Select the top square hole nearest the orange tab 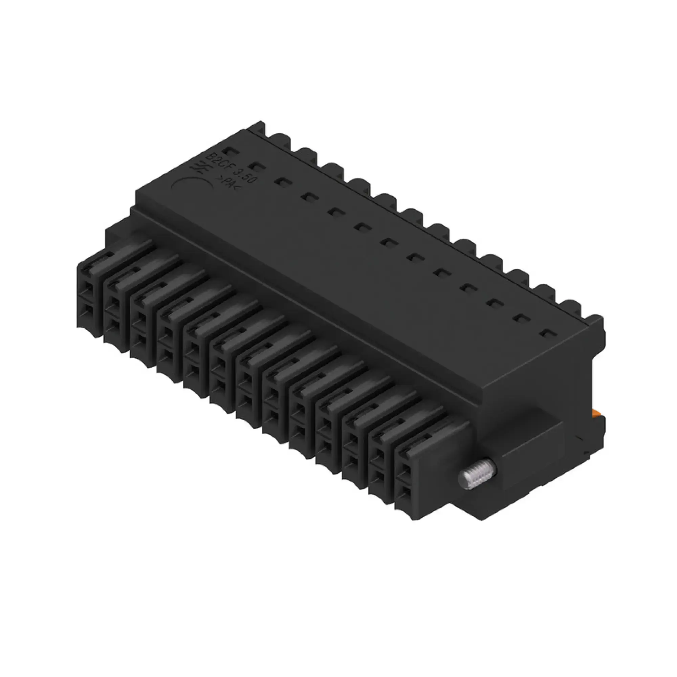click(547, 333)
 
